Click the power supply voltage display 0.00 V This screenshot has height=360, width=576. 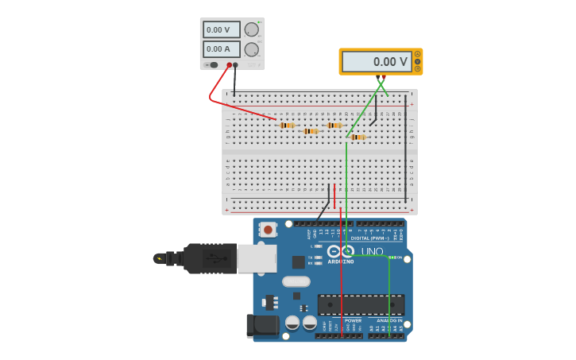pyautogui.click(x=221, y=30)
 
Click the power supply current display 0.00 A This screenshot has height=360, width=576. pyautogui.click(x=221, y=49)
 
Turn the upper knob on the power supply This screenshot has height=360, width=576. pyautogui.click(x=252, y=30)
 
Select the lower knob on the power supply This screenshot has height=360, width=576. pyautogui.click(x=252, y=49)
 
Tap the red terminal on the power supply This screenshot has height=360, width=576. pyautogui.click(x=229, y=65)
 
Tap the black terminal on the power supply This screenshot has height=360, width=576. pyautogui.click(x=235, y=65)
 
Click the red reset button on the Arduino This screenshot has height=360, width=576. pyautogui.click(x=268, y=230)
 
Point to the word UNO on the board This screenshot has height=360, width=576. pyautogui.click(x=373, y=252)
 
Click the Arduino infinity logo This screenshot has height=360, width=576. pyautogui.click(x=341, y=251)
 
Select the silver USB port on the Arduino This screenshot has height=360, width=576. pyautogui.click(x=257, y=258)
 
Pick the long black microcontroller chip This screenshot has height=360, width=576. pyautogui.click(x=361, y=304)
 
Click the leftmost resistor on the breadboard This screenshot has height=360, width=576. pyautogui.click(x=287, y=125)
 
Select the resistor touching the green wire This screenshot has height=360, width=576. pyautogui.click(x=358, y=137)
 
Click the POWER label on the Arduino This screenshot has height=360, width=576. pyautogui.click(x=353, y=320)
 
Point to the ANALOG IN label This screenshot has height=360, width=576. pyautogui.click(x=389, y=320)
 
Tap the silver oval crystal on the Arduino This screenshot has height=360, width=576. pyautogui.click(x=296, y=281)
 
